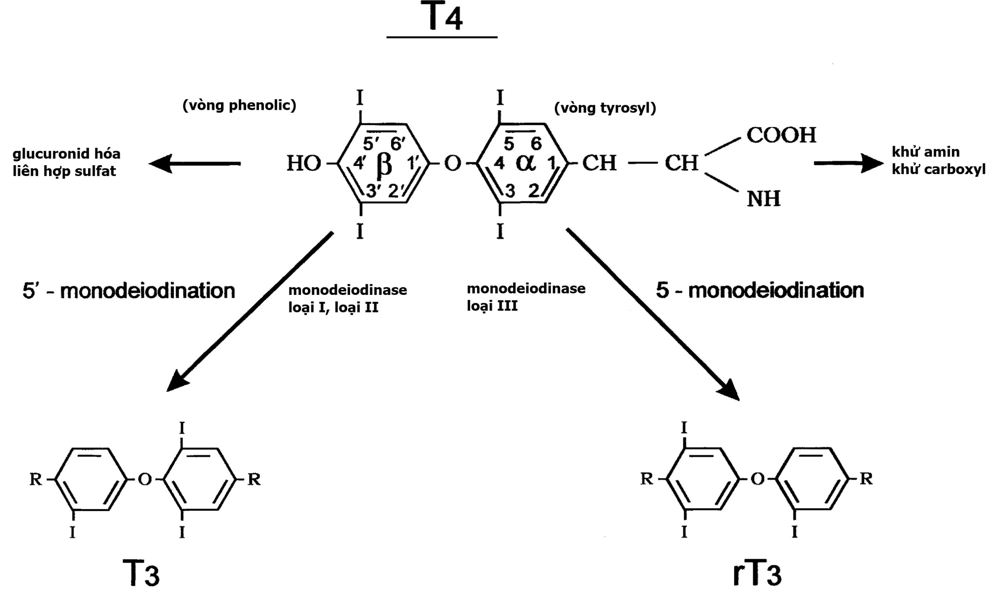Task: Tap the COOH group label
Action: click(x=781, y=135)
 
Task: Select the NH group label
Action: click(x=763, y=199)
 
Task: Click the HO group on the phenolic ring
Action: click(x=304, y=164)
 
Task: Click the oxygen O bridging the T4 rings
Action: click(x=453, y=164)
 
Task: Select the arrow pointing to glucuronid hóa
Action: click(x=195, y=163)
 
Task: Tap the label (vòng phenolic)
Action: click(x=239, y=105)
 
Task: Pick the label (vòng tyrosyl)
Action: click(x=605, y=108)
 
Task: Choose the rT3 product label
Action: click(x=757, y=573)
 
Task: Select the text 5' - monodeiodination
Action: click(x=129, y=291)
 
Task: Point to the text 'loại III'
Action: click(x=492, y=306)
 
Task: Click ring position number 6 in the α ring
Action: click(x=536, y=143)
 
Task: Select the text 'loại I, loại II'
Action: click(x=333, y=308)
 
